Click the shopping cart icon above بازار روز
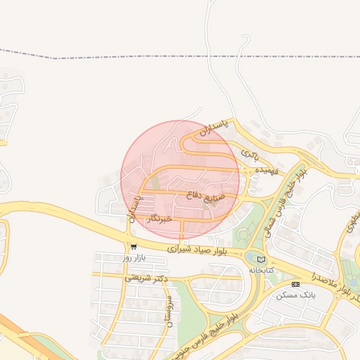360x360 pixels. (x=133, y=247)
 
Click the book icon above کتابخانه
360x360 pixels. (x=262, y=259)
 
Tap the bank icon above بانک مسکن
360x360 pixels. (x=295, y=284)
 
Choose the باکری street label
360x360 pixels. (x=250, y=152)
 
